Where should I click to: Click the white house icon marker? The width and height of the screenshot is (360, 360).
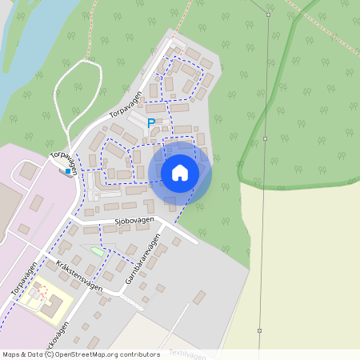pos(180,173)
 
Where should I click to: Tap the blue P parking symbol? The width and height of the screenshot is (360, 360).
pos(151,123)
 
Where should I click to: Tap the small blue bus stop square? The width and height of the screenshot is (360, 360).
pos(68,170)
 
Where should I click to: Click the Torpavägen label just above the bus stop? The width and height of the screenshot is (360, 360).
pos(64,162)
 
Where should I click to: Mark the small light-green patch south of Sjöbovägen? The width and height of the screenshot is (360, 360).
pos(98,251)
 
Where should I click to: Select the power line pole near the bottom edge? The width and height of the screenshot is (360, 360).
pos(259,330)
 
